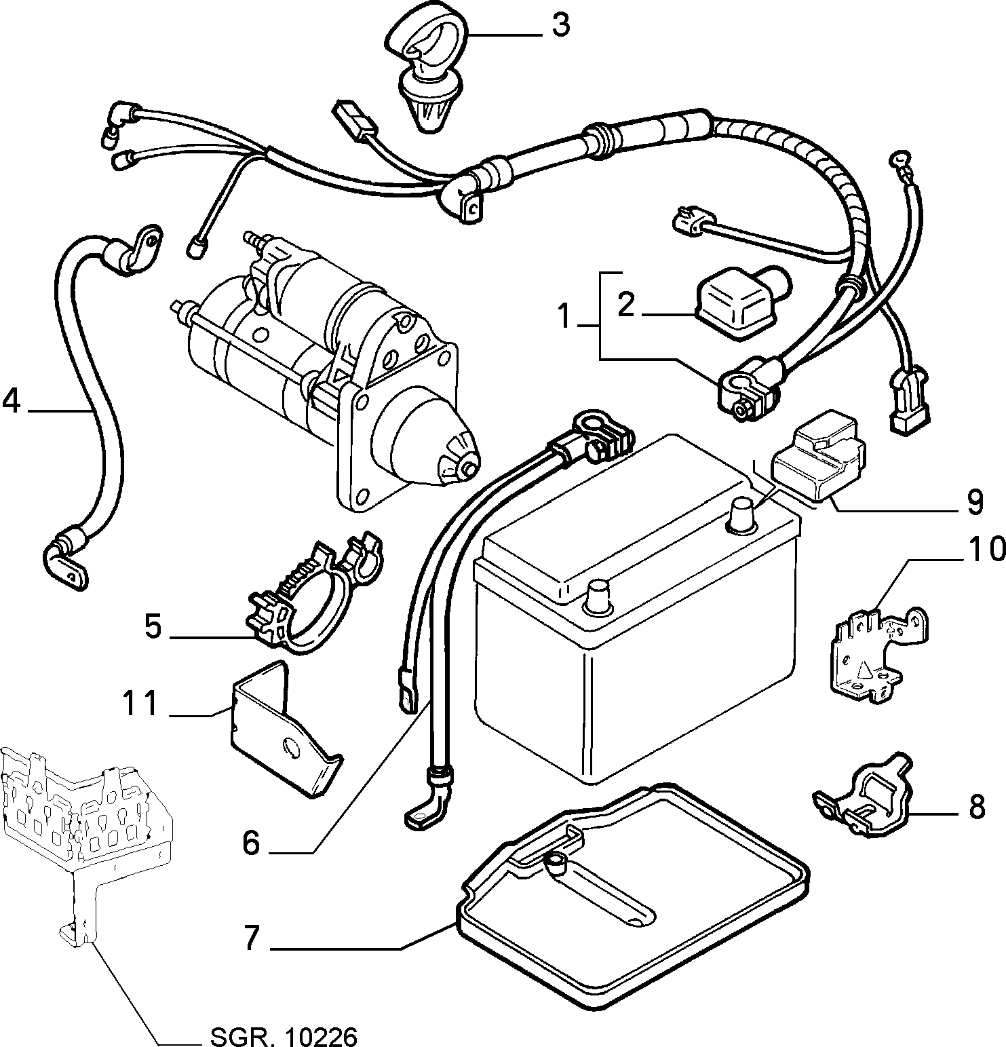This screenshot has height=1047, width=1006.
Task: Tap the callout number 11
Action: coord(140,704)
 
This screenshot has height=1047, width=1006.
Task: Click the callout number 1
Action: coord(562,316)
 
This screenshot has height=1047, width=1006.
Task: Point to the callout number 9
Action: coord(974,501)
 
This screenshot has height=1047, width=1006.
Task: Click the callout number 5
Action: coord(153,626)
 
